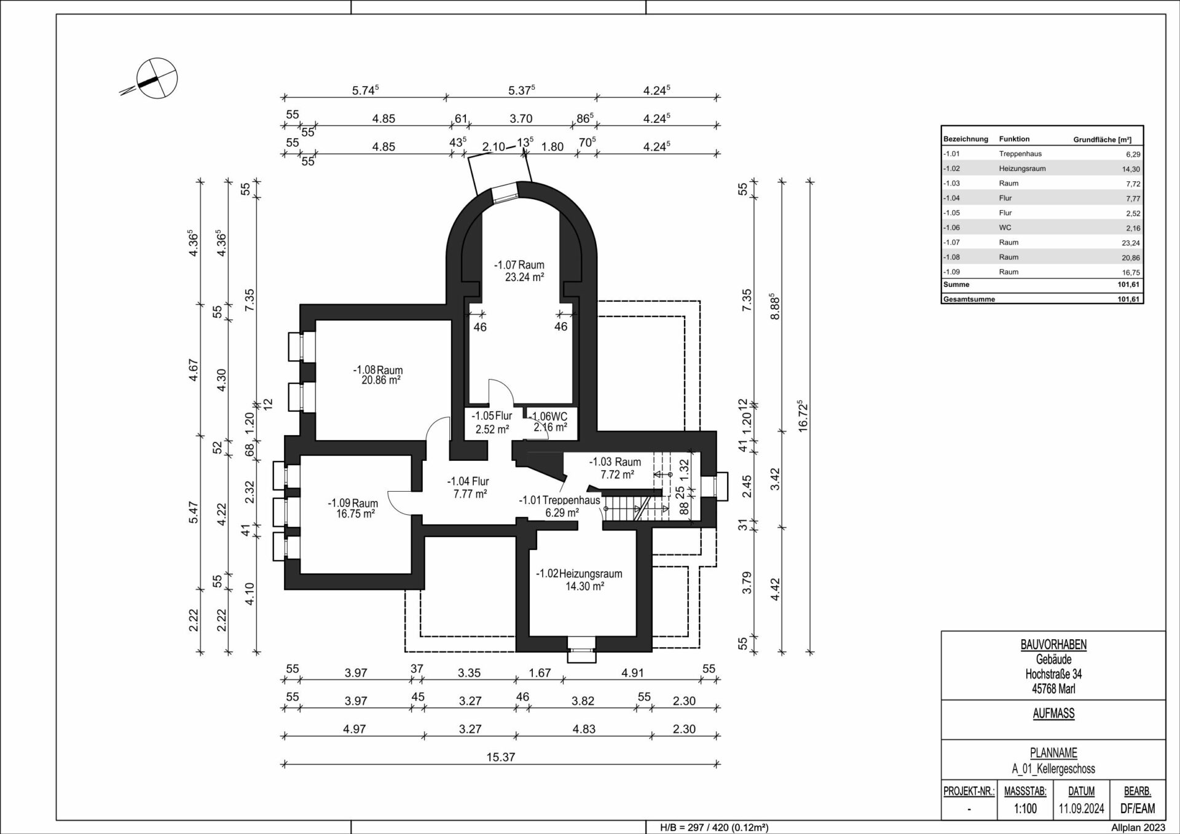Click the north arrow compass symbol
tap(156, 78)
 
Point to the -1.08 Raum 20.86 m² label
tap(378, 375)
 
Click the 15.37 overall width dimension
tap(500, 757)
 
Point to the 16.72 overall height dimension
tap(801, 417)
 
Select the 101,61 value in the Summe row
tap(1129, 285)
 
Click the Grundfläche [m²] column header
tap(1103, 140)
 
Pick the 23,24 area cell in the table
tap(1131, 243)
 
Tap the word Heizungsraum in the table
tap(1022, 168)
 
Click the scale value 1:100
tap(1025, 808)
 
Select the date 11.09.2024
tap(1082, 808)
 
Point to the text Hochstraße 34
tap(1053, 674)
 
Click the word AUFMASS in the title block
tap(1053, 714)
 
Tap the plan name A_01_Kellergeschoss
tap(1053, 769)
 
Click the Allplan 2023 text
tap(1138, 828)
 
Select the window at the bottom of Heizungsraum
tap(581, 650)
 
